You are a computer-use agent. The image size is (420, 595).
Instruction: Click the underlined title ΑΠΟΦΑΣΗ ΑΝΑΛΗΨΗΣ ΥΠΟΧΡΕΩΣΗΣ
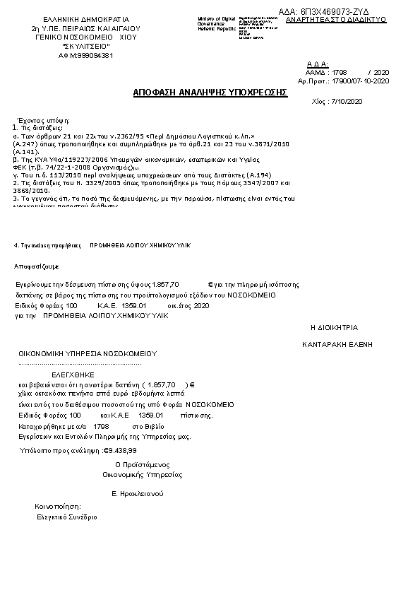(210, 92)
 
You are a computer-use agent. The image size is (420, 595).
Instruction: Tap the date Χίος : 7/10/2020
(336, 102)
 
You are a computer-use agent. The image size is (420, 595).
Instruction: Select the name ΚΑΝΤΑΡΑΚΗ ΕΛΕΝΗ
(337, 344)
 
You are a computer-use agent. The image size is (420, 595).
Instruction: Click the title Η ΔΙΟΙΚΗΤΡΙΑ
(335, 328)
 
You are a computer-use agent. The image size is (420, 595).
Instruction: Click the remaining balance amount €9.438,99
(120, 449)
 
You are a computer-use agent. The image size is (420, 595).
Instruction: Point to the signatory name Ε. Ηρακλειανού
(138, 493)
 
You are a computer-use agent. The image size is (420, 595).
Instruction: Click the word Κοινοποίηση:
(58, 507)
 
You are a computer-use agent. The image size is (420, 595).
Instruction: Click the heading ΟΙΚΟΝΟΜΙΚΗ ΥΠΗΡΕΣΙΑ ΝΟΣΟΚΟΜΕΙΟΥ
(88, 353)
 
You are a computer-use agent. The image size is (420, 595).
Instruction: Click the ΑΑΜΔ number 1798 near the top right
(339, 73)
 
